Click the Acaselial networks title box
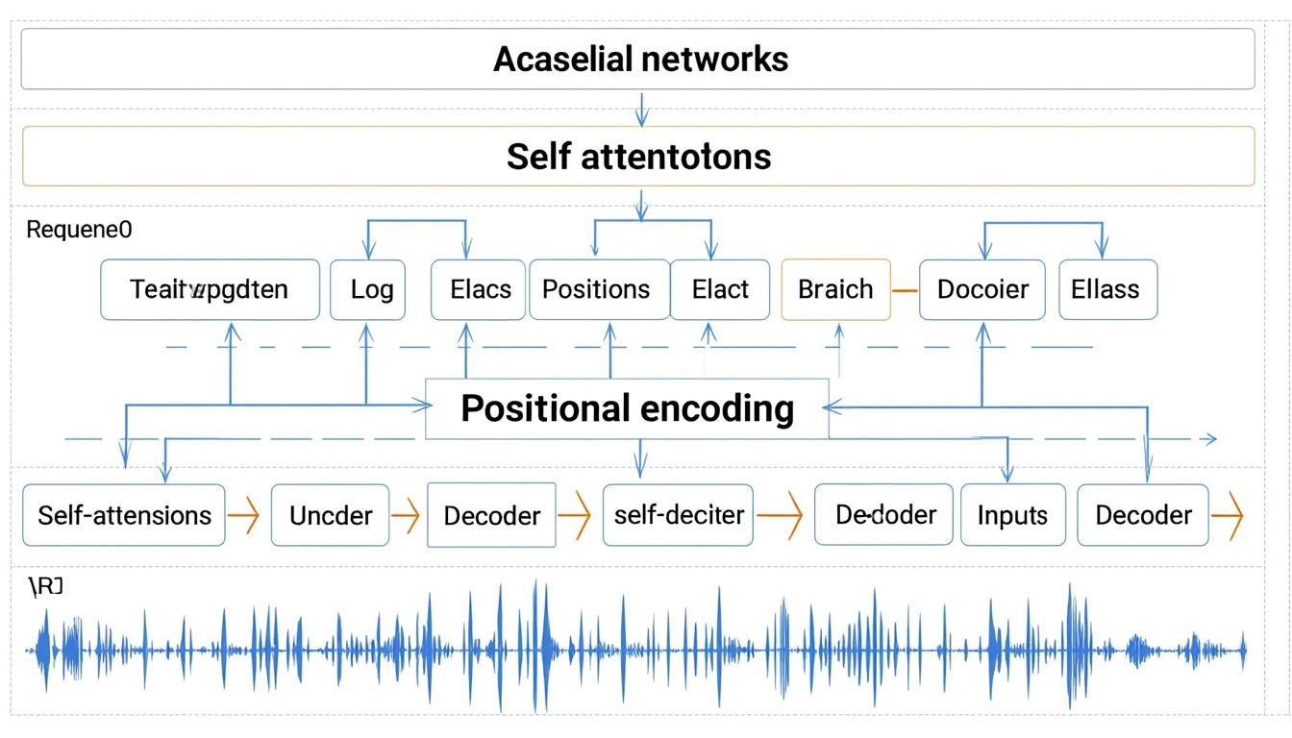coord(638,59)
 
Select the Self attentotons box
coord(638,156)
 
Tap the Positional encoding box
coord(627,408)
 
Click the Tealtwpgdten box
coord(210,289)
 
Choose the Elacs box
coord(479,289)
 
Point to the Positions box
coord(598,289)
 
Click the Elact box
coord(719,289)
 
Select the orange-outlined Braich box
coord(835,289)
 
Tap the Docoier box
coord(981,289)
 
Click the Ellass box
coord(1106,289)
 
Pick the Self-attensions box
coord(124,515)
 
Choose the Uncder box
coord(331,515)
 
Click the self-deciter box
coord(679,515)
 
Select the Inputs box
coord(1012,515)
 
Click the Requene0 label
coord(79,230)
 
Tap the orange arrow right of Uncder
coord(407,516)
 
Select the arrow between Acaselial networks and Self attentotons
coord(642,108)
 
